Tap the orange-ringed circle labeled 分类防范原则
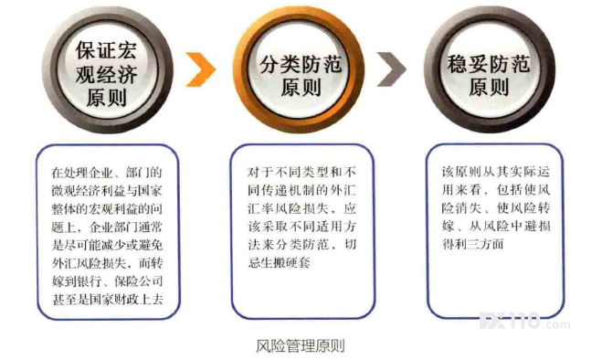coord(299,71)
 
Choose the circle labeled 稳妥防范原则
coord(490,70)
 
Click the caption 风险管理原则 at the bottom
coord(301,345)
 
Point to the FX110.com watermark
coord(525,322)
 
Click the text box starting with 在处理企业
coord(109,232)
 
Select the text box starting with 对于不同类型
coord(303,232)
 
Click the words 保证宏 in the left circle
coord(106,50)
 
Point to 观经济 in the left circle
coord(106,74)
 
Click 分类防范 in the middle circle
coord(301,64)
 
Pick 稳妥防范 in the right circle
coord(489,64)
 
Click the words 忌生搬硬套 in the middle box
coord(280,263)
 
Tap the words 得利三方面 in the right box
coord(473,244)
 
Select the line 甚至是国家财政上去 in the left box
coord(108,300)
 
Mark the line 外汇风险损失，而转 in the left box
coord(108,263)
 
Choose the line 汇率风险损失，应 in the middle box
coord(302,208)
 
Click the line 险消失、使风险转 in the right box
coord(496,208)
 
